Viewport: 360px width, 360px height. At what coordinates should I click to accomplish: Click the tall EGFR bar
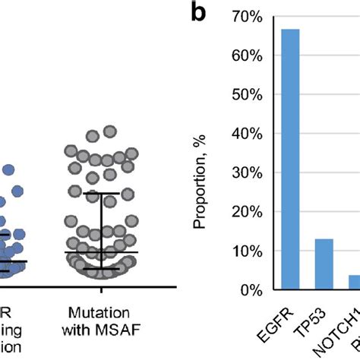point(290,159)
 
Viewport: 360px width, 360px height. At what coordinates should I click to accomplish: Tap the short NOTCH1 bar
point(353,282)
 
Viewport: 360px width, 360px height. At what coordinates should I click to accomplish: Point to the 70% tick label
point(248,16)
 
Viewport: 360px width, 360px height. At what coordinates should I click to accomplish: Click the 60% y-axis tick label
point(248,55)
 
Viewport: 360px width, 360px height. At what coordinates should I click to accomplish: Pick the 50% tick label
point(248,94)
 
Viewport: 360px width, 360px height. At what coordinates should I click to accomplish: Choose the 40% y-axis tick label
point(248,134)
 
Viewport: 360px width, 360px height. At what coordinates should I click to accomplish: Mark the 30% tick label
point(248,172)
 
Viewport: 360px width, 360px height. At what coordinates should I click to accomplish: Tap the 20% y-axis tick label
point(248,212)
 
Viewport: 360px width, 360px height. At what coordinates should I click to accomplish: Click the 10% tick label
point(248,251)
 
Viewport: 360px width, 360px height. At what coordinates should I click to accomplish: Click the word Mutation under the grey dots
point(99,312)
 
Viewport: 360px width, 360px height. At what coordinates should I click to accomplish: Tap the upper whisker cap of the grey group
point(100,193)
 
